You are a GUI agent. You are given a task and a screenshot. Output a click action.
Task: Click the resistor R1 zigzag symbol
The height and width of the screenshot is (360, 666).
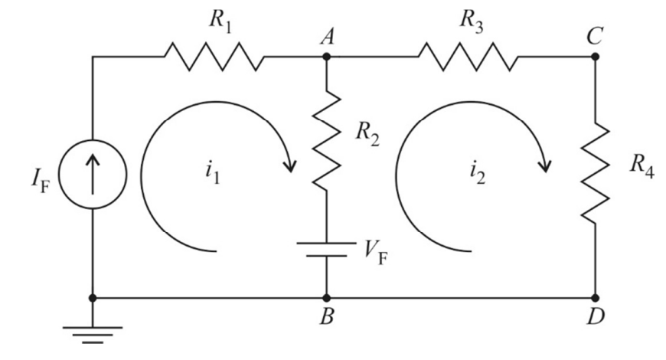point(214,56)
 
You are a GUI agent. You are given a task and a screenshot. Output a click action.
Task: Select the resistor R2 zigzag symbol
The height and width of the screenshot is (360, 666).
point(327,139)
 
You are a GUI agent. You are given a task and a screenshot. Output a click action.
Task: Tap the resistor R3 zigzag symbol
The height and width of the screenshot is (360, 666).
point(468,56)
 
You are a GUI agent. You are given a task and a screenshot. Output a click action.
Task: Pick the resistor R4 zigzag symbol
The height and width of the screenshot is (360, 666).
point(595,172)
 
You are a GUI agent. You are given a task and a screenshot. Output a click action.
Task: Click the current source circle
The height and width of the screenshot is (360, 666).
point(93,175)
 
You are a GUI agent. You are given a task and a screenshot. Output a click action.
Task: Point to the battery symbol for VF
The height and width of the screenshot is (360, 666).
point(327,250)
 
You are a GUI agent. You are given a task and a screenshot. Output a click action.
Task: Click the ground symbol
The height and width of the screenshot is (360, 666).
point(93,335)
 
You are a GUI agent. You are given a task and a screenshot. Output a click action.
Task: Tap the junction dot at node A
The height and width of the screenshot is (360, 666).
point(327,56)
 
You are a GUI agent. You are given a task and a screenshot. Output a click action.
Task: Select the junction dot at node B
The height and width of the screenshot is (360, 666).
point(327,298)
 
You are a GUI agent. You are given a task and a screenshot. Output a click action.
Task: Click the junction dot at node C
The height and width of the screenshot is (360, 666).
point(595,56)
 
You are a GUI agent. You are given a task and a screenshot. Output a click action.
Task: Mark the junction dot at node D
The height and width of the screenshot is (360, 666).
point(595,298)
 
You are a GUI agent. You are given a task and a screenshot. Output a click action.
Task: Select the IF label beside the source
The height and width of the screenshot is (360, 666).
point(41,181)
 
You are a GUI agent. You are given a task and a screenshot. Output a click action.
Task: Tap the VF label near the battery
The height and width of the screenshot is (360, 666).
point(377,254)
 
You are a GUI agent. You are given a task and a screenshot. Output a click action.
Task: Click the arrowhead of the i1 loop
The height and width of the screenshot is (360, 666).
point(290,165)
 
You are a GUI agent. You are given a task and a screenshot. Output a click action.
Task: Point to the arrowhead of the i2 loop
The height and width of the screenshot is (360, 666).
point(544,165)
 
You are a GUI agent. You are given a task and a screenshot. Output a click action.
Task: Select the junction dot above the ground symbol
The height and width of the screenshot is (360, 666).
point(93,298)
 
